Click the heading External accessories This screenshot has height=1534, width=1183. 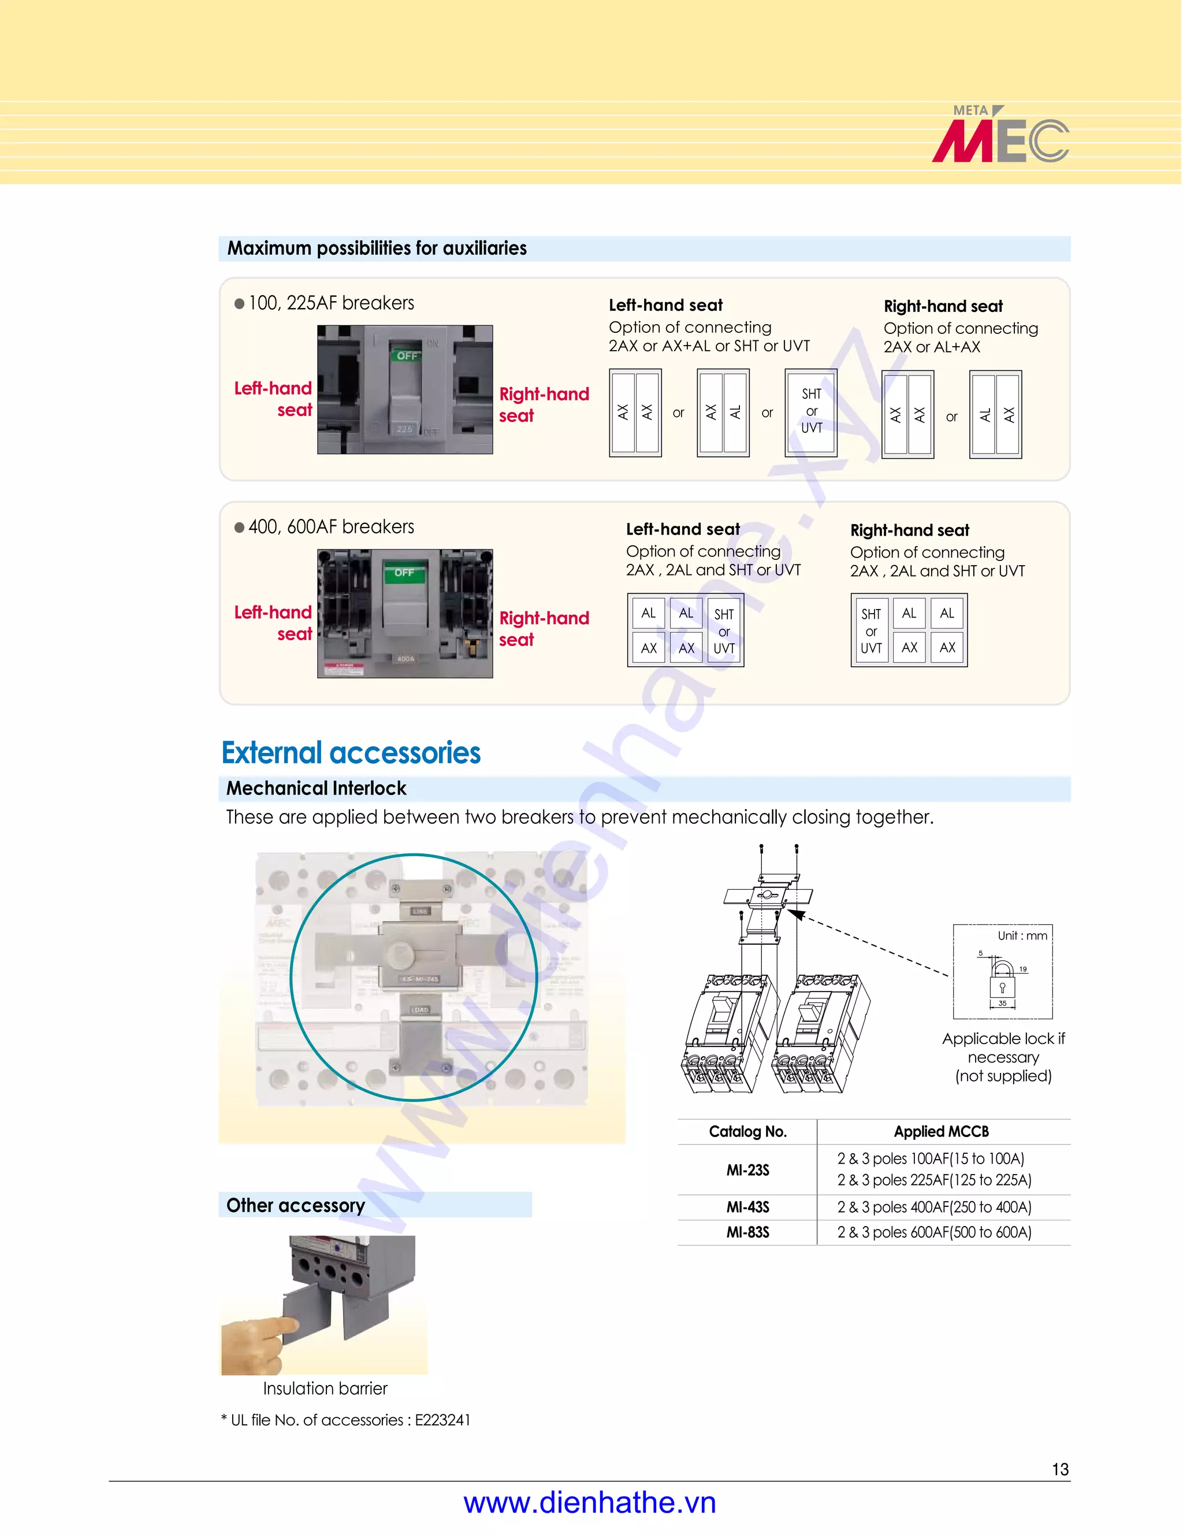pyautogui.click(x=351, y=753)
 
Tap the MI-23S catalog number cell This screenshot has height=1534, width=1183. pyautogui.click(x=747, y=1170)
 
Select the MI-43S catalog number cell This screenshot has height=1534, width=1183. pyautogui.click(x=747, y=1208)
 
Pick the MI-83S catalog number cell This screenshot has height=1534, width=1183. pyautogui.click(x=747, y=1232)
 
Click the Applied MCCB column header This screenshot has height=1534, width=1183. pyautogui.click(x=941, y=1131)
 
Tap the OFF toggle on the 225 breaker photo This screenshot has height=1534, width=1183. pyautogui.click(x=407, y=356)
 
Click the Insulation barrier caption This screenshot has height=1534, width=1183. pyautogui.click(x=325, y=1388)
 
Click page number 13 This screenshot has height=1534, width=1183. pyautogui.click(x=1060, y=1469)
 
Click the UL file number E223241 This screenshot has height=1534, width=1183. pyautogui.click(x=442, y=1420)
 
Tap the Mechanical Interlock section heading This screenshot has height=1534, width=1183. pyautogui.click(x=316, y=789)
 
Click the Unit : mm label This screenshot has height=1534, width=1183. pyautogui.click(x=1022, y=935)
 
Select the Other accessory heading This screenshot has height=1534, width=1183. pyautogui.click(x=296, y=1205)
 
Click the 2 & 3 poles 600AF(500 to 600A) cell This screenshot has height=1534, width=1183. pyautogui.click(x=934, y=1232)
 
